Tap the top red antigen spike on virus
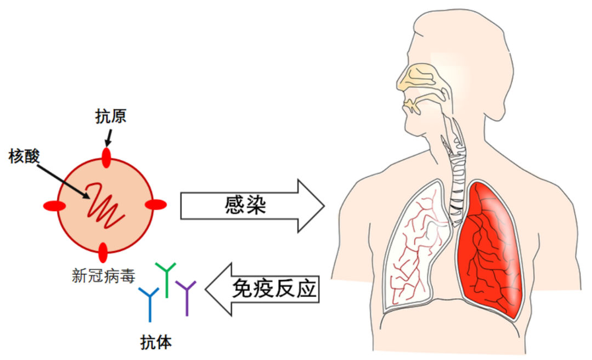[106, 157]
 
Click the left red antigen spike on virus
[54, 206]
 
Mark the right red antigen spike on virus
[156, 204]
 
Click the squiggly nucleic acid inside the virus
[106, 207]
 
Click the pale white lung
[415, 247]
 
